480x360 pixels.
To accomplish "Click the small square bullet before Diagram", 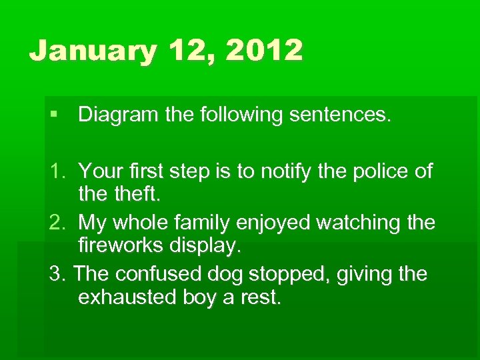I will pos(53,115).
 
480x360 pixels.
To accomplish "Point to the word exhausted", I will pos(127,297).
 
